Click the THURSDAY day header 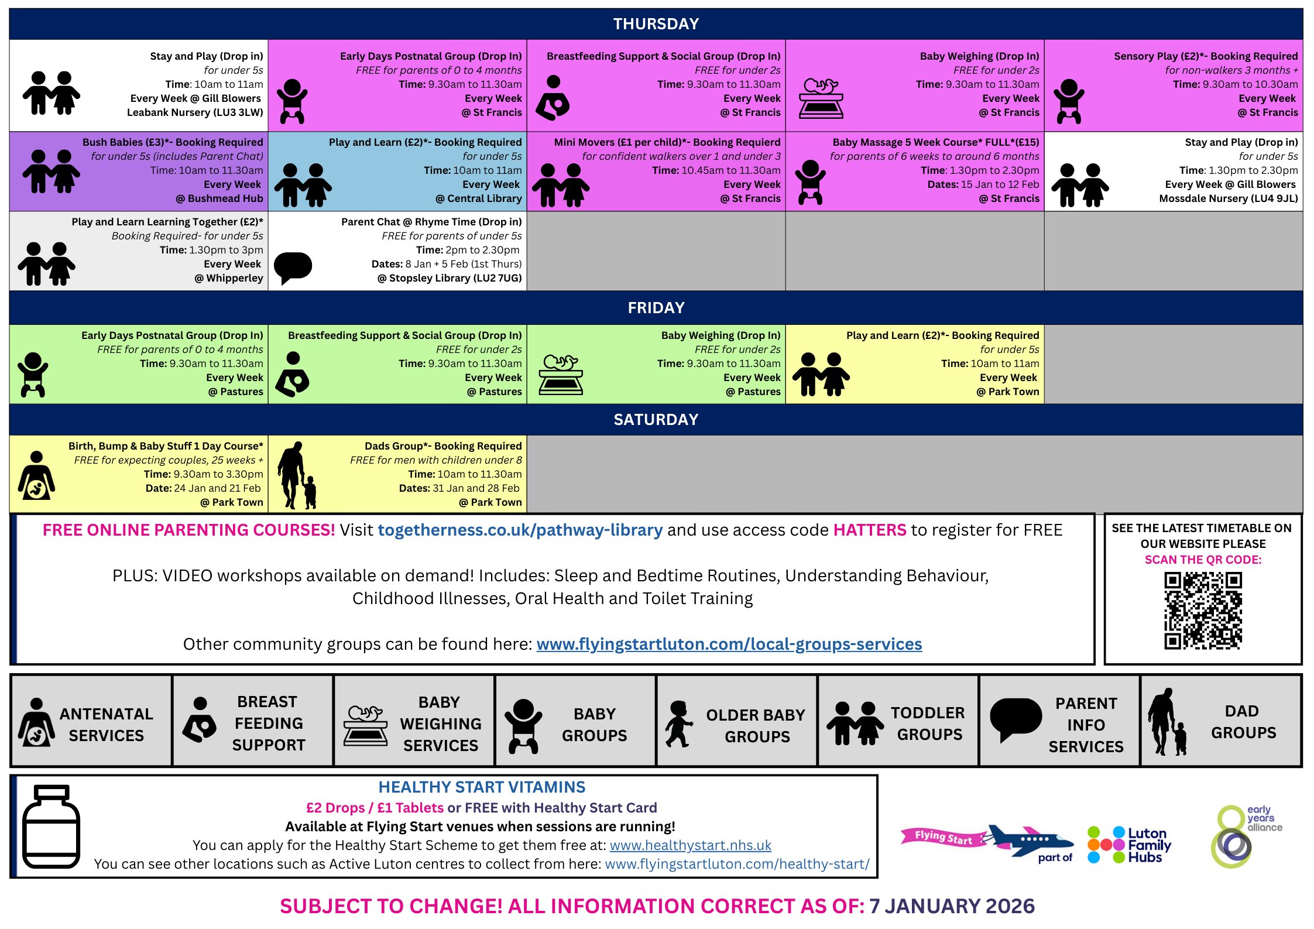pos(656,24)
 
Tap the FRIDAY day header pos(656,308)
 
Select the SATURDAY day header pos(656,420)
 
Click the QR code pos(1203,611)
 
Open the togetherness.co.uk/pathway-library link pos(520,530)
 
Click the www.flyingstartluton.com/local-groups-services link pos(729,645)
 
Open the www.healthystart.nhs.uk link pos(690,845)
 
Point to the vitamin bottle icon pos(51,827)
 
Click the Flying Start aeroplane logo pos(987,840)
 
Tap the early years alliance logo pos(1244,836)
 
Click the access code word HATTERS pos(869,530)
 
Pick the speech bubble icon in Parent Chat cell pos(293,267)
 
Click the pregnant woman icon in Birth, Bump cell pos(36,475)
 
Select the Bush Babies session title pos(173,142)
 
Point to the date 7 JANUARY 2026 pos(952,906)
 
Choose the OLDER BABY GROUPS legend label pos(756,726)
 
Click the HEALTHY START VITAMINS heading pos(481,787)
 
